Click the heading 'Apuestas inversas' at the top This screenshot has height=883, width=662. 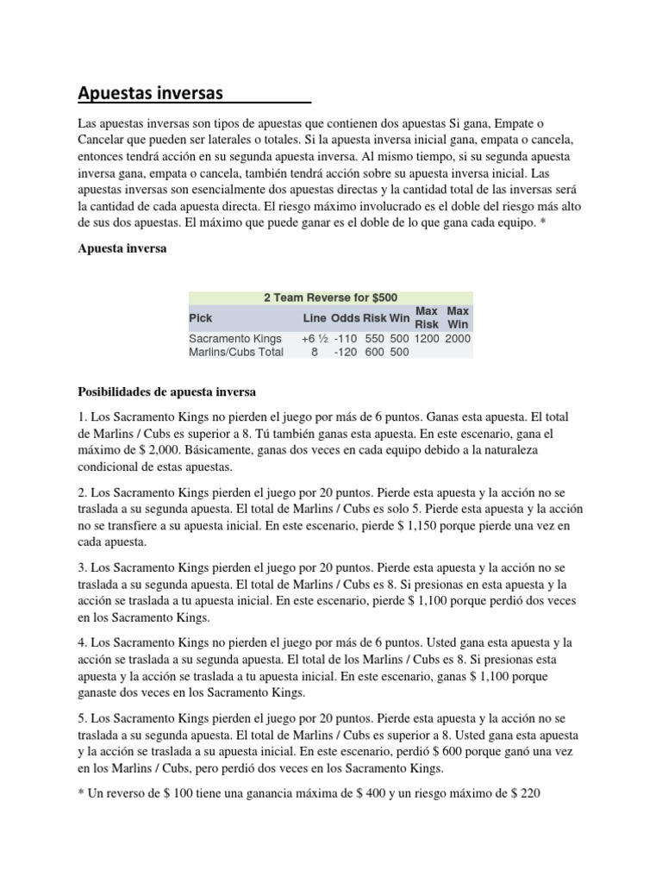[x=151, y=92]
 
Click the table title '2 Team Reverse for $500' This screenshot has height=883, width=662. [x=330, y=297]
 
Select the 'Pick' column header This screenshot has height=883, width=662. [x=201, y=317]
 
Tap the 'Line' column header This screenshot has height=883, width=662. [x=315, y=317]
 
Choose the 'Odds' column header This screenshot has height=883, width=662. [x=346, y=317]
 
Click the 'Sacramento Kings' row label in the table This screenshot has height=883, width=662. [x=233, y=339]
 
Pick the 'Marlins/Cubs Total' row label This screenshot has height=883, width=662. [x=236, y=352]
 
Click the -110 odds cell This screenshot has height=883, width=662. [x=346, y=339]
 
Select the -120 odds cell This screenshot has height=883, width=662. [x=346, y=352]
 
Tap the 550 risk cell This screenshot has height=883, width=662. [x=374, y=339]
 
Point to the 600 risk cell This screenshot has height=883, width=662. [x=374, y=352]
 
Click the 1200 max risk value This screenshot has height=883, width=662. [x=427, y=339]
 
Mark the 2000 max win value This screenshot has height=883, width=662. [x=458, y=339]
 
